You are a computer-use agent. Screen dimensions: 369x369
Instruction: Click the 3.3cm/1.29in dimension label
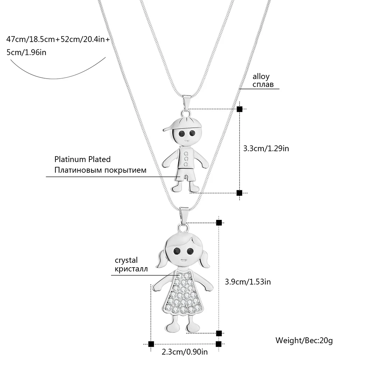point(266,149)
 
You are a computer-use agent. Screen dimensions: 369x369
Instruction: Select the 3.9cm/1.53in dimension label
point(248,282)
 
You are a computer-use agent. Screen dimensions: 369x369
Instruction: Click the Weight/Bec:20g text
point(304,340)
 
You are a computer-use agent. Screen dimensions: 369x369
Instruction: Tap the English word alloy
point(261,77)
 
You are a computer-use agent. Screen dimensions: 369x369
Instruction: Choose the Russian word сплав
point(263,85)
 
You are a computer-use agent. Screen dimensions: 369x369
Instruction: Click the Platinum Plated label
point(83,159)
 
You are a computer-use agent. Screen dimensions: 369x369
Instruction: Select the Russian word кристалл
point(131,269)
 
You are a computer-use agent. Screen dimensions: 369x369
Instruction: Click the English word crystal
point(126,261)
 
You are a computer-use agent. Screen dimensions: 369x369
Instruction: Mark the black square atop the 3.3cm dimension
point(239,109)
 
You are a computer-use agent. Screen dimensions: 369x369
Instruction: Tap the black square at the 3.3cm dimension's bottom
point(239,193)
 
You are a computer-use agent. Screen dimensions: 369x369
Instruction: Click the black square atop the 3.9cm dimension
point(219,223)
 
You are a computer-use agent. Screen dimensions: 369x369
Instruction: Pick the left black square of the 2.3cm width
point(151,344)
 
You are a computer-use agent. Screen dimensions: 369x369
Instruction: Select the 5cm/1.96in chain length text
point(27,52)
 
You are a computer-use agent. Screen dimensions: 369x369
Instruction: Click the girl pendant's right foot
point(193,327)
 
